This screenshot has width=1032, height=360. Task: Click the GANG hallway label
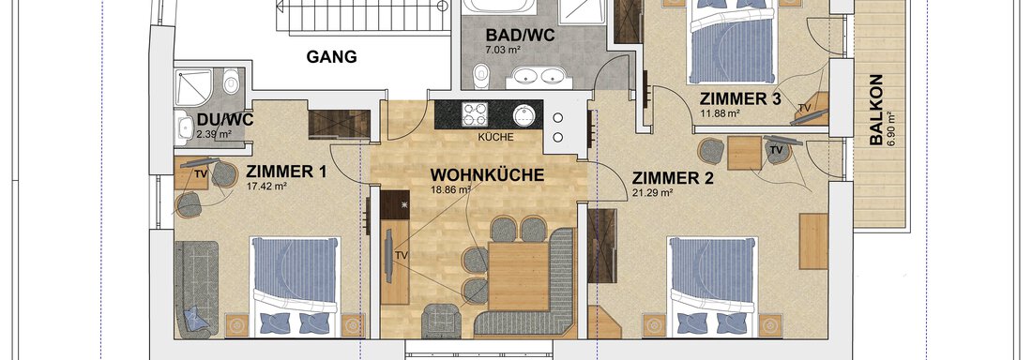pyautogui.click(x=332, y=57)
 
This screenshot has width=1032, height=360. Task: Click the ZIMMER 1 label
pyautogui.click(x=286, y=172)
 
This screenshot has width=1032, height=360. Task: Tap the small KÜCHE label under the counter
pyautogui.click(x=494, y=136)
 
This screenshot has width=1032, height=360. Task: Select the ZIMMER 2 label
pyautogui.click(x=673, y=177)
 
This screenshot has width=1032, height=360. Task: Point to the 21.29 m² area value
pyautogui.click(x=653, y=193)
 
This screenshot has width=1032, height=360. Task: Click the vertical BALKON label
pyautogui.click(x=875, y=110)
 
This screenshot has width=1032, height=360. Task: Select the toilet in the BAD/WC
pyautogui.click(x=481, y=72)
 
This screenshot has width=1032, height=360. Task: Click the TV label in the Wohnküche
pyautogui.click(x=401, y=255)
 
